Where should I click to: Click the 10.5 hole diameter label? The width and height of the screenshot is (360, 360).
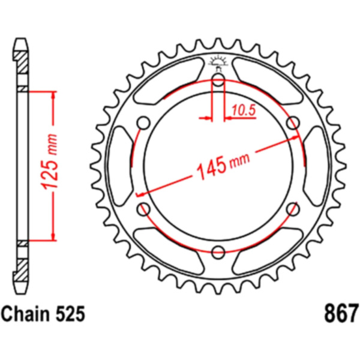[x=244, y=110]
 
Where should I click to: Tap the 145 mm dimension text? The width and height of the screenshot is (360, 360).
[x=223, y=164]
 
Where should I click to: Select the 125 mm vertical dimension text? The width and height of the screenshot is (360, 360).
[x=49, y=162]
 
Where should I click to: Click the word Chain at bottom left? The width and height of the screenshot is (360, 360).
[x=26, y=314]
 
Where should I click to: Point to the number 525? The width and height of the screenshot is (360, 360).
[x=70, y=314]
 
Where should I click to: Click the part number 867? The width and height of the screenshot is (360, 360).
[x=341, y=313]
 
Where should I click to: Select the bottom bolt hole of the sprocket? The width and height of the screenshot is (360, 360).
[x=218, y=253]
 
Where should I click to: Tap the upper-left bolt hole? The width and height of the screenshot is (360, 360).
[x=143, y=123]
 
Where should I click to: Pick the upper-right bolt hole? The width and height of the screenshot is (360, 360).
[x=293, y=123]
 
